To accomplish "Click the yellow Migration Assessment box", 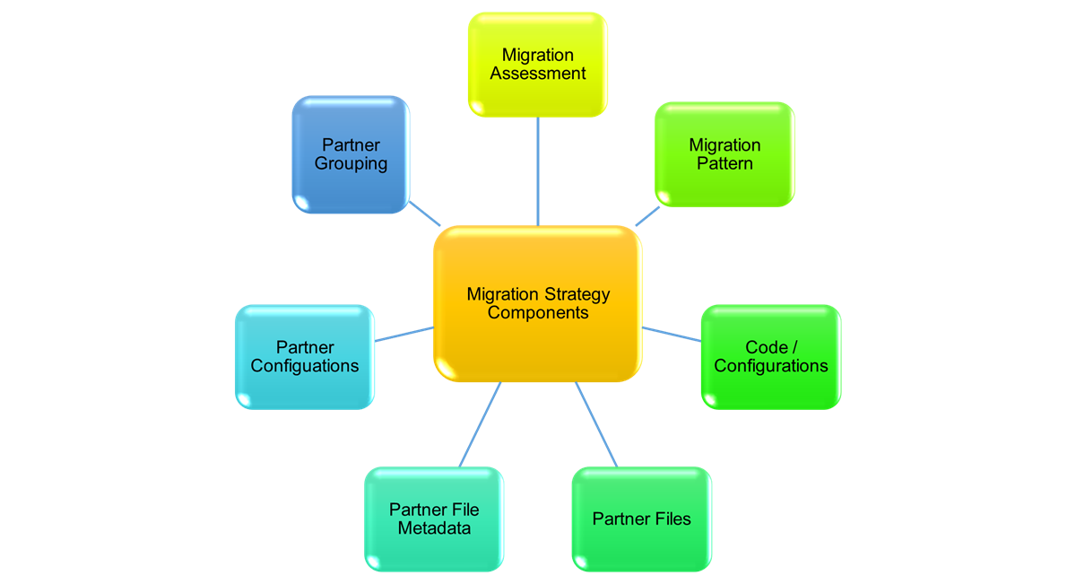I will (537, 65).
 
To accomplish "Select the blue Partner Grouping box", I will (351, 154).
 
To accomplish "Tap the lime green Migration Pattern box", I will (725, 154).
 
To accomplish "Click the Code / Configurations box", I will (770, 356).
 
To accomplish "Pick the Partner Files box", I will (641, 519).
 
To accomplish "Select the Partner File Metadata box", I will (434, 519).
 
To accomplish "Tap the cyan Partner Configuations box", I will (304, 356).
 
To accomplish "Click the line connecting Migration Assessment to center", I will (538, 170).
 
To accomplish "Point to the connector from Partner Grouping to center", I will (424, 213).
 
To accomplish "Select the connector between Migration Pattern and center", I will (647, 216).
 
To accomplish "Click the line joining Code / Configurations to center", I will (672, 334).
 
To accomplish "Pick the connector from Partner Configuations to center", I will (403, 334).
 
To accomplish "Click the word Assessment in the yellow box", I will (538, 74).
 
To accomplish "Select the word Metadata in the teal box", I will (434, 528).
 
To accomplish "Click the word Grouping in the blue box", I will (351, 164).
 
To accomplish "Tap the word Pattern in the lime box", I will (725, 164).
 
